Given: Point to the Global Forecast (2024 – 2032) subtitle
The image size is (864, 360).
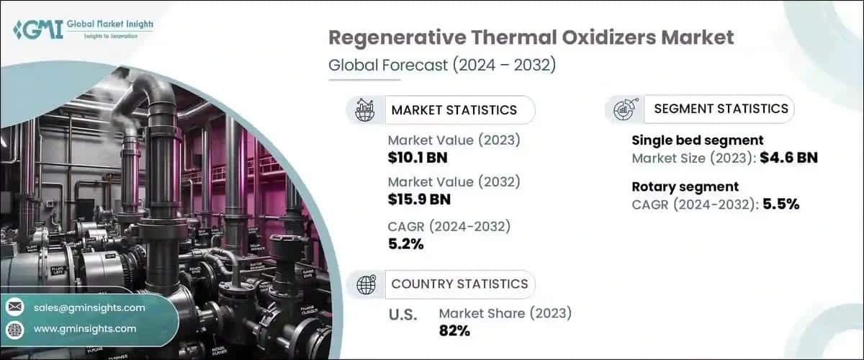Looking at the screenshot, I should (441, 65).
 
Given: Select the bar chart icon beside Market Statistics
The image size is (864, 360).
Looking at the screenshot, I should (366, 110).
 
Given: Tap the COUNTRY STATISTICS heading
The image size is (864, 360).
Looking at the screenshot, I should (459, 284).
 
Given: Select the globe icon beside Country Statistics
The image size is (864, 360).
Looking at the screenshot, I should (366, 284).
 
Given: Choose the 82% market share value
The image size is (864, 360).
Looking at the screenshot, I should (454, 330).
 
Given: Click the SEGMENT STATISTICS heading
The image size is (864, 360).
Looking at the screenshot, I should (721, 109).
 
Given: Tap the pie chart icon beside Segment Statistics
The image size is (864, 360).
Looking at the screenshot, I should (624, 109).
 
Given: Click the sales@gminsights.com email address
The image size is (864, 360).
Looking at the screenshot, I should (89, 307).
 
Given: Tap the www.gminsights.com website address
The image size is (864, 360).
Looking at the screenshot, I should (85, 328).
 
